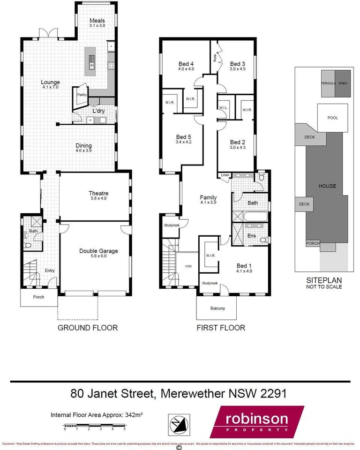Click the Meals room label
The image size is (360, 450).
coord(97,21)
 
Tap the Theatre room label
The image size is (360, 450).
coord(98,193)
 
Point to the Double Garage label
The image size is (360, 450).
coord(98,251)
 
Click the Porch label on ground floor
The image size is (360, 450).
coord(39,297)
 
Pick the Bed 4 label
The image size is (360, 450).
coord(186,64)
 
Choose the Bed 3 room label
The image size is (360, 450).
coord(238,64)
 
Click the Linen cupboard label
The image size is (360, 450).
coord(225,176)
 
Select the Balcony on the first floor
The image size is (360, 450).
coord(217,308)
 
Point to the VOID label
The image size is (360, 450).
coord(188,266)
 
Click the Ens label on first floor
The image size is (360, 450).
coord(252,236)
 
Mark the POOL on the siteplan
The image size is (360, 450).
coord(332,118)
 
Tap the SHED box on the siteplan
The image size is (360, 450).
coord(343,83)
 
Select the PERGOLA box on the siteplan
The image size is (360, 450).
coord(328,83)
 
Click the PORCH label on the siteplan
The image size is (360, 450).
coord(312,243)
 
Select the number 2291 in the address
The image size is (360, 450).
coord(270,393)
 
